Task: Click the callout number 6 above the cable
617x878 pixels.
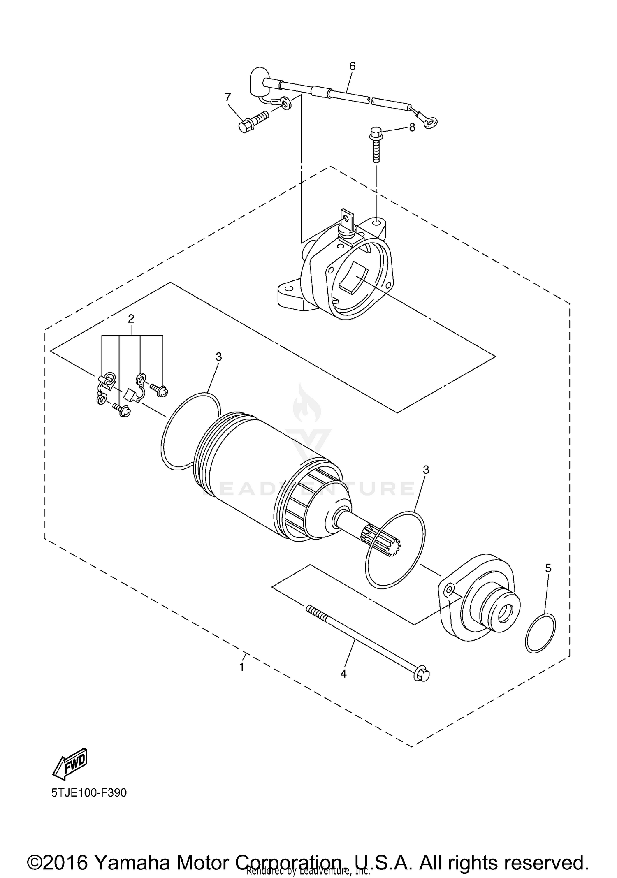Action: coord(352,66)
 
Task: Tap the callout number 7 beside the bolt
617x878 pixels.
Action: coord(228,97)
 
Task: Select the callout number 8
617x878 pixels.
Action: coord(412,127)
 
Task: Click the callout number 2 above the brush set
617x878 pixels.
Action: coord(131,318)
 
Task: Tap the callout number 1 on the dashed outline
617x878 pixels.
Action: coord(242,667)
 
